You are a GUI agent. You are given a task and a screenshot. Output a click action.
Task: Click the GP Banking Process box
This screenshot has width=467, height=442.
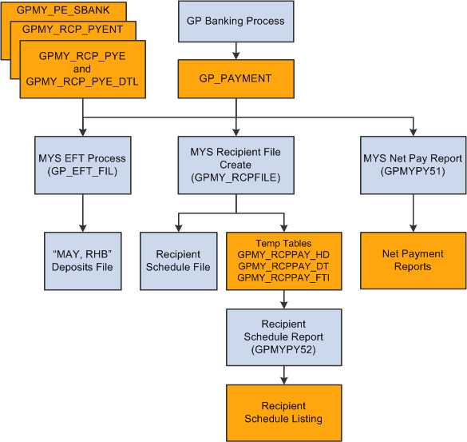point(235,22)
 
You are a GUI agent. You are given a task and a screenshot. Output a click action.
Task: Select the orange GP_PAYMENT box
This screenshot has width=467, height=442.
point(235,78)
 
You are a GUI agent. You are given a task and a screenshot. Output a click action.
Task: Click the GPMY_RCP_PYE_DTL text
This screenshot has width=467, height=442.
point(83,81)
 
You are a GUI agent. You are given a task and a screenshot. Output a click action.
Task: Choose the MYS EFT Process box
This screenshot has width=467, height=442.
point(82,165)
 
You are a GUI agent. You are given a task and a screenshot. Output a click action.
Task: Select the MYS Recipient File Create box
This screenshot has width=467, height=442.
point(235,165)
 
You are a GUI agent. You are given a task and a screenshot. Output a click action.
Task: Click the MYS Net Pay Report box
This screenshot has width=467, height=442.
point(413,165)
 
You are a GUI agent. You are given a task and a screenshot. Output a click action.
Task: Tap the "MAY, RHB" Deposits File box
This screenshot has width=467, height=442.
point(82,261)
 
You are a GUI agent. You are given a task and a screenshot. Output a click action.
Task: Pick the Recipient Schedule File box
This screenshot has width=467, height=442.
point(178,261)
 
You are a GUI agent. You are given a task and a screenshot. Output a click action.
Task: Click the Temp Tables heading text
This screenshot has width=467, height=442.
point(283,242)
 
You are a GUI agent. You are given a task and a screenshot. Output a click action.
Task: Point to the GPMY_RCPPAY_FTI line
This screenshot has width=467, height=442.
point(283,277)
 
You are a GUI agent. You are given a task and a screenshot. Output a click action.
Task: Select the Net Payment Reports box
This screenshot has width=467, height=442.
point(413,261)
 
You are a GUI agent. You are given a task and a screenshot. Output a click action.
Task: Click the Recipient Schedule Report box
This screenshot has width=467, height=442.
point(283,336)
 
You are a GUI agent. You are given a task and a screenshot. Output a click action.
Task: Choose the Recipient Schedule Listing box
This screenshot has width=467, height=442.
point(283,412)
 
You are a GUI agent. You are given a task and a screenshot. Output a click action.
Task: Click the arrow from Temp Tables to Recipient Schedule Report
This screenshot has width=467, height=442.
point(283,299)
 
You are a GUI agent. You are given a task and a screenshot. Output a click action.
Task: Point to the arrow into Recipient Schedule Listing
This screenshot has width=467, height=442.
point(283,374)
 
